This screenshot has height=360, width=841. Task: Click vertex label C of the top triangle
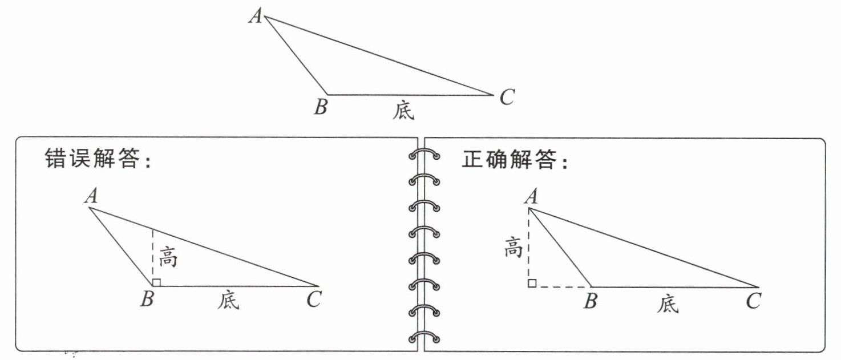507,97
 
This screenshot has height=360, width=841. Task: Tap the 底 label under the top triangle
403,110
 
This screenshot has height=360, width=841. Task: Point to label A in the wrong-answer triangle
91,196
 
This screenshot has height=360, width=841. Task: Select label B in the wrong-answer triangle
147,299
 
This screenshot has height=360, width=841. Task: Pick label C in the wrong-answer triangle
314,299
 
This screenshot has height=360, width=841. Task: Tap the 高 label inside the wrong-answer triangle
168,257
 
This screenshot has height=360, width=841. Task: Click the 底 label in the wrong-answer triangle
228,300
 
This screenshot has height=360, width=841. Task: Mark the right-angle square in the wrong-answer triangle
156,282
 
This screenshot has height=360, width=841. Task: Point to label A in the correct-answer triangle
531,196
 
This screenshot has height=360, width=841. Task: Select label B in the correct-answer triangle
590,301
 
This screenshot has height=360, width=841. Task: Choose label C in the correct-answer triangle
753,301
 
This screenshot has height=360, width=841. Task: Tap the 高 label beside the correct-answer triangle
514,247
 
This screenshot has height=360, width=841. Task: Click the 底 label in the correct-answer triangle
668,304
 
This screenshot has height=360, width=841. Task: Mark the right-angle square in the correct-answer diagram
532,283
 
